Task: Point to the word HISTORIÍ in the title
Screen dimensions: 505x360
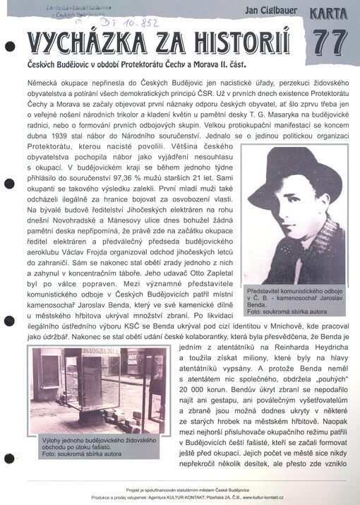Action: [236, 45]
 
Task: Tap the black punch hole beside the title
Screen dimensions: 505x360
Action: [9, 47]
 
